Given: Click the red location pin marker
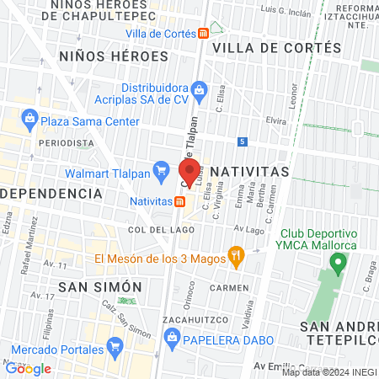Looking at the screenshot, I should pyautogui.click(x=187, y=168).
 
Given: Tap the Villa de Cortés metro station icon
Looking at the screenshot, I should pyautogui.click(x=204, y=34).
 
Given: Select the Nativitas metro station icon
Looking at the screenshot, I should pyautogui.click(x=180, y=202).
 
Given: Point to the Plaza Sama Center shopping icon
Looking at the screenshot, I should pyautogui.click(x=29, y=120).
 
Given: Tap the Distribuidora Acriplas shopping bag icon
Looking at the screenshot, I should pyautogui.click(x=199, y=87).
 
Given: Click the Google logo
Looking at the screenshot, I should pyautogui.click(x=28, y=368).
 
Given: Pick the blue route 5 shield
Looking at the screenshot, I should pyautogui.click(x=243, y=141).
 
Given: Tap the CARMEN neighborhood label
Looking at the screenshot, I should pyautogui.click(x=229, y=287).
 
